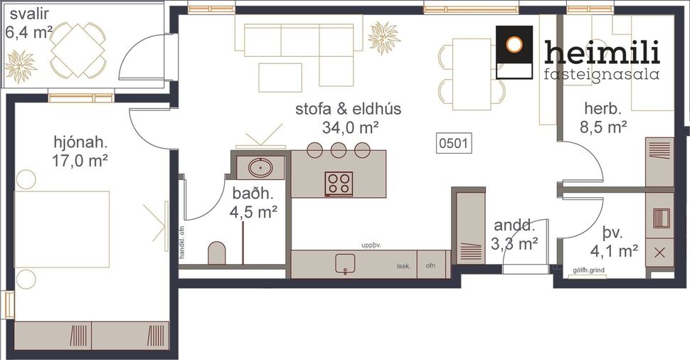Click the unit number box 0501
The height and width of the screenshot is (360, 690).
[453, 143]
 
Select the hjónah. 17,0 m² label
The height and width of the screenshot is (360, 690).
[80, 151]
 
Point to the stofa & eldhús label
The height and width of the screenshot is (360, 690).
[349, 118]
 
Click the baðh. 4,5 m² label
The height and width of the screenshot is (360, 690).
[253, 203]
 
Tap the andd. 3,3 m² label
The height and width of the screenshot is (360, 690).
[516, 235]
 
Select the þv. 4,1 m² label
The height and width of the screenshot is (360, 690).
[613, 242]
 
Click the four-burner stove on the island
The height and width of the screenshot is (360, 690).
[339, 184]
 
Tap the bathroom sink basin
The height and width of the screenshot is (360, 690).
[260, 168]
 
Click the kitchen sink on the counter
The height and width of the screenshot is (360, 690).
[346, 263]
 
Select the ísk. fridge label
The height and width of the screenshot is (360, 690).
[405, 266]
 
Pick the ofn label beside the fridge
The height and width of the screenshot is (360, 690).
[430, 266]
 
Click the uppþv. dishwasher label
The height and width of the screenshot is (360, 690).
[371, 244]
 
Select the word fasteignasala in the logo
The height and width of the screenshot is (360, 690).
[601, 74]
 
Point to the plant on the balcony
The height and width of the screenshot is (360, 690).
[21, 66]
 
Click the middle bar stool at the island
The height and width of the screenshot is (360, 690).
[339, 149]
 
